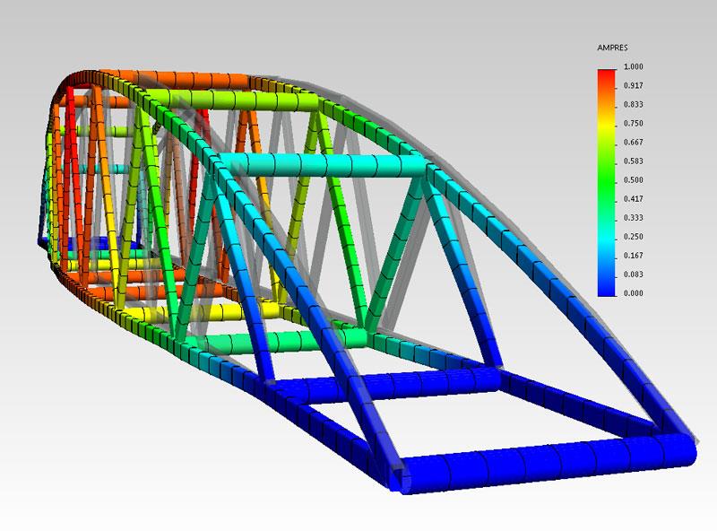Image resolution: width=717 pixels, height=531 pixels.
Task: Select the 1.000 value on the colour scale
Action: pos(633,66)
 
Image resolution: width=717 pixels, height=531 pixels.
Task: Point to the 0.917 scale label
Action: pos(633,85)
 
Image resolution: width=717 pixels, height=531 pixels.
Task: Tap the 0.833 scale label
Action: pos(633,104)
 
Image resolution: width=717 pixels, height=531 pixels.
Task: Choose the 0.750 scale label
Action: pos(633,123)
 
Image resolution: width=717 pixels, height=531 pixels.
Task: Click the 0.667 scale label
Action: pos(633,142)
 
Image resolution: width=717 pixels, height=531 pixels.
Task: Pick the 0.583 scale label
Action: pos(633,161)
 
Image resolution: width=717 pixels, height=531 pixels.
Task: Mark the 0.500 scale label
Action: pos(633,179)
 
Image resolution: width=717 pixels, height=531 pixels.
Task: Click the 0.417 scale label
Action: pos(633,198)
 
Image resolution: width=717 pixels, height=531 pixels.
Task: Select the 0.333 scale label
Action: pos(633,217)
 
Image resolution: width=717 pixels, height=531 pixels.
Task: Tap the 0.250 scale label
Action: pos(633,236)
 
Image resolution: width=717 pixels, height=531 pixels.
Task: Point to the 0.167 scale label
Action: pos(633,255)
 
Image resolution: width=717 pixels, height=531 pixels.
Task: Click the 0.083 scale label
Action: pos(633,274)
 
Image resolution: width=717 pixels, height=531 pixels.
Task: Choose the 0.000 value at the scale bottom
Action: pos(633,292)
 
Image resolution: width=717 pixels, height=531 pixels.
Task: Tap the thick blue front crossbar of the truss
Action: pos(547,460)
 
